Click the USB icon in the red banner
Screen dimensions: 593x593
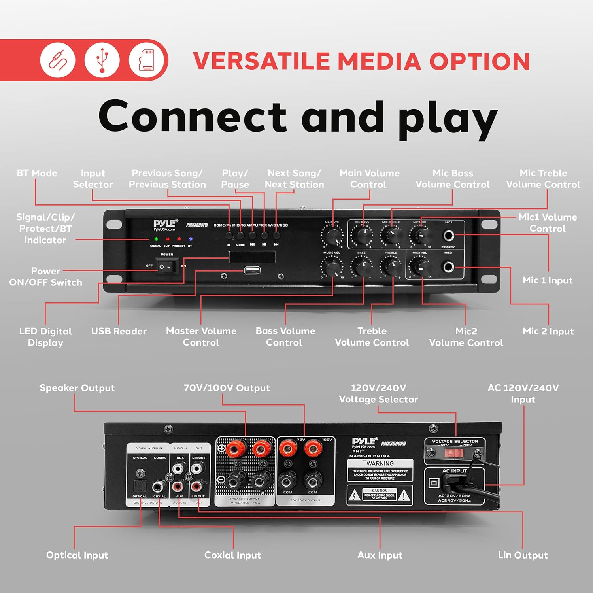(102, 60)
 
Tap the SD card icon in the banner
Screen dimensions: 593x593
(146, 60)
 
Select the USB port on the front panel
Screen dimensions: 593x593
(252, 271)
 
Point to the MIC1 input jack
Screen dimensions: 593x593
(448, 236)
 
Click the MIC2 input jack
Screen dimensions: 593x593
(448, 267)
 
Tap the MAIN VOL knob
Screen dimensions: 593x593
(333, 236)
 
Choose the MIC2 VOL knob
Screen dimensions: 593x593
(420, 267)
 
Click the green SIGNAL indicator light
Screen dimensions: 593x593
(156, 239)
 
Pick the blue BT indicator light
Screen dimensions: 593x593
(190, 239)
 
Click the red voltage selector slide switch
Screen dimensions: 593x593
(453, 453)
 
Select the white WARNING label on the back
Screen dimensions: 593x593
(380, 470)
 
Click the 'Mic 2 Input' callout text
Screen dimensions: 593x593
(548, 331)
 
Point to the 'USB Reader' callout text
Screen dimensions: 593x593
(119, 331)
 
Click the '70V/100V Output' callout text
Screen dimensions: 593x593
(227, 388)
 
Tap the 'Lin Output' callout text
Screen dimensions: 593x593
(523, 555)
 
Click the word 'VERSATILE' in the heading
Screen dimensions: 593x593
(261, 61)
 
